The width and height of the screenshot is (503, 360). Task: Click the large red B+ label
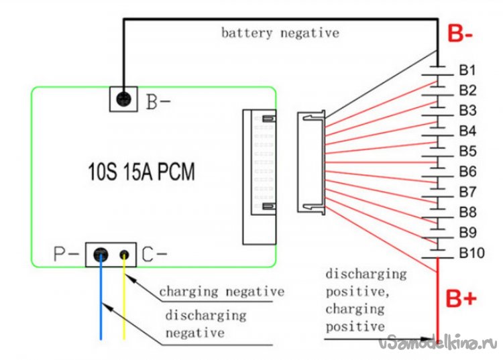click(x=462, y=299)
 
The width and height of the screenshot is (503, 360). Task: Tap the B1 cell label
click(x=467, y=70)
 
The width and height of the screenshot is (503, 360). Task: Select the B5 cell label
click(x=467, y=151)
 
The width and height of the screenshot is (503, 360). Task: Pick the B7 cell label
click(x=467, y=192)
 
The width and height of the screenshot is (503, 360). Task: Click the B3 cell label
click(x=467, y=111)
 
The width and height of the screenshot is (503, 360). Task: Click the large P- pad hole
click(x=101, y=254)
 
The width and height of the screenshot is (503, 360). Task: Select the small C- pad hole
click(x=125, y=255)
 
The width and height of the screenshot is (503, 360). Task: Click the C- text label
click(x=154, y=255)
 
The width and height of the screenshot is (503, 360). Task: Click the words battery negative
click(x=280, y=33)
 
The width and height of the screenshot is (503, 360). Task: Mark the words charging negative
click(x=221, y=292)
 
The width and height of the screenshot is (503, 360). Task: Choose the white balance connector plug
click(x=312, y=163)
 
